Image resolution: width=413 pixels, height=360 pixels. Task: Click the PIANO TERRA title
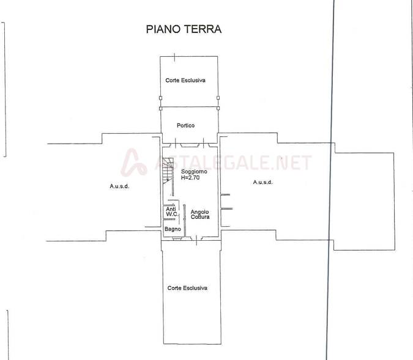184,29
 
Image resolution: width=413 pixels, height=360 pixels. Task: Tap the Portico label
185,125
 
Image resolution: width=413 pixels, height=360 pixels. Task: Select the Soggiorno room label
194,172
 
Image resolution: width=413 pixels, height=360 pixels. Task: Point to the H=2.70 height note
190,178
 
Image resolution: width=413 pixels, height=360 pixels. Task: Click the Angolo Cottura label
200,214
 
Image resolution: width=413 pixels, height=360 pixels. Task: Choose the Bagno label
173,229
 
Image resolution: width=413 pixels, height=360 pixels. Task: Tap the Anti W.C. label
172,211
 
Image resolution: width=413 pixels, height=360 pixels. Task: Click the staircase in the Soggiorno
168,171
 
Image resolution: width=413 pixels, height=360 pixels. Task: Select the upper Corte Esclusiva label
185,80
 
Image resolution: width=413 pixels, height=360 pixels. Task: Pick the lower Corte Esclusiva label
187,288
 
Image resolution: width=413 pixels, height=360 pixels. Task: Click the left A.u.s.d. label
119,186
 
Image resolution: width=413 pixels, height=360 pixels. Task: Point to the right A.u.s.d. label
263,182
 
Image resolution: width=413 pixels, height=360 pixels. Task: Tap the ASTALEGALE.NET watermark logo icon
134,163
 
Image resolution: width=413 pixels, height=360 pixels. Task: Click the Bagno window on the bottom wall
177,238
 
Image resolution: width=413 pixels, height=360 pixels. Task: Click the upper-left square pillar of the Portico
161,98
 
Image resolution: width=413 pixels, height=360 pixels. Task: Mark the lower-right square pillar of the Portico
218,108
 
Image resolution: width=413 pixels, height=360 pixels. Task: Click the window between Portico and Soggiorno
190,145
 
